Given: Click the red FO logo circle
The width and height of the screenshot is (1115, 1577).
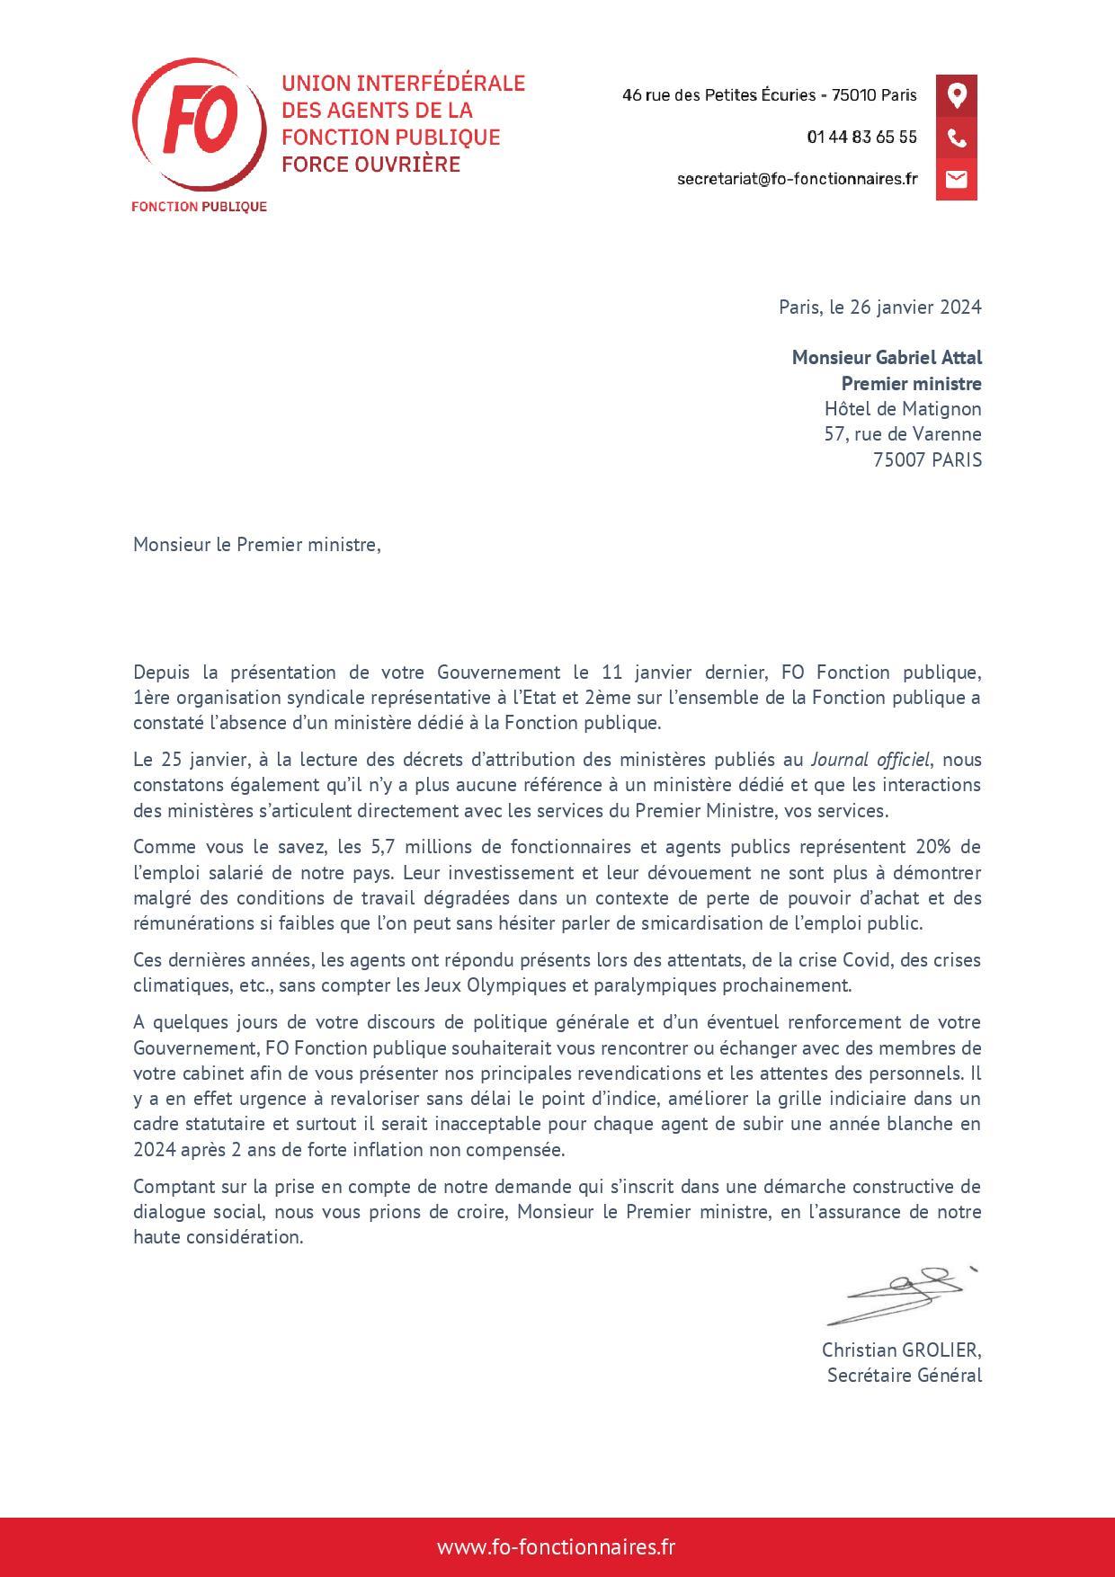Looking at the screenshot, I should coord(199,126).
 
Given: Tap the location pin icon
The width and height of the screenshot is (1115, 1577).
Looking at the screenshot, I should coord(956,94).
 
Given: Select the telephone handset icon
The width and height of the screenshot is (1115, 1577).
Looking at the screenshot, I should coord(956,138).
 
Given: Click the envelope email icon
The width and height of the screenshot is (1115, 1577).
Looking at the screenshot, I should coord(956,179).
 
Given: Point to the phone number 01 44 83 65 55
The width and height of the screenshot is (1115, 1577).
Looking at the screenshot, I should coord(861,137).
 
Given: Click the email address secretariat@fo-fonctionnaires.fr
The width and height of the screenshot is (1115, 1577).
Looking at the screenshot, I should coord(797,179).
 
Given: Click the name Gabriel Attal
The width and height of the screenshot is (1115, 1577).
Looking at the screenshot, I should coord(929,357).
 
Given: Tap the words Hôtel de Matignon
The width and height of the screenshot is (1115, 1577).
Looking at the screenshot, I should coord(903,408).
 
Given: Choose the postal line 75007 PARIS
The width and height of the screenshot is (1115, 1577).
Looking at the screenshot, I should coord(927,459).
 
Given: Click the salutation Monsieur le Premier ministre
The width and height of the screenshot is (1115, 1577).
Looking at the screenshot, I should coord(257,544).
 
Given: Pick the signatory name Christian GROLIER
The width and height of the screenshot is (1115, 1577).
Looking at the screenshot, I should coord(901,1350).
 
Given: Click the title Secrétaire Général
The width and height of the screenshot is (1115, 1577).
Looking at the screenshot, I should coord(904,1375).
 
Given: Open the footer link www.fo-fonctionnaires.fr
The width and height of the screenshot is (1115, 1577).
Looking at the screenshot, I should coord(557,1546).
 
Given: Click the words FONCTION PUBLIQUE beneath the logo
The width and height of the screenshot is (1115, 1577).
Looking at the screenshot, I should coord(199,207).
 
